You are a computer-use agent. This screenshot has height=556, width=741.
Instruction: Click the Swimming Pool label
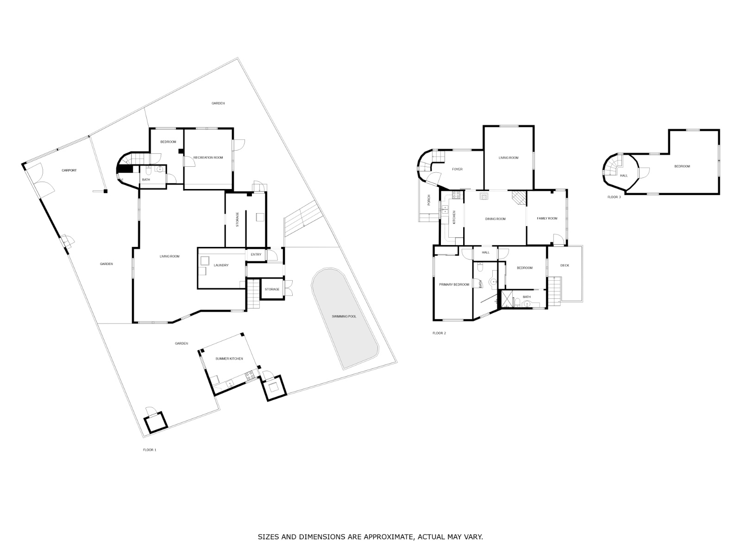point(344,316)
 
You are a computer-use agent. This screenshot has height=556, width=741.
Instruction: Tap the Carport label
point(69,171)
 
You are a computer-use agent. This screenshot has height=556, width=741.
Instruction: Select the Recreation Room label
point(208,158)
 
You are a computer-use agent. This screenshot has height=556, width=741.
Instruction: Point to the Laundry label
point(221,265)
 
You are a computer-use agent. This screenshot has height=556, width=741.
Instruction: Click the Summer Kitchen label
point(229,359)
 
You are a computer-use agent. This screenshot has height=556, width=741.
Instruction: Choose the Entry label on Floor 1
point(256,254)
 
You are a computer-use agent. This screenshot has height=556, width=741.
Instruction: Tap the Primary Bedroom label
point(454,284)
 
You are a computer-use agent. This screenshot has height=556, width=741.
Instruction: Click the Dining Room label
point(495,219)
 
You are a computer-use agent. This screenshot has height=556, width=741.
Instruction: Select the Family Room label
point(547,218)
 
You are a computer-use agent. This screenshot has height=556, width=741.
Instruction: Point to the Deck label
point(565,265)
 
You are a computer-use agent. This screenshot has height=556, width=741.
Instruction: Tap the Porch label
point(429,200)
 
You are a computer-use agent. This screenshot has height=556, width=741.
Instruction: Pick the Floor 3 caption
point(614,197)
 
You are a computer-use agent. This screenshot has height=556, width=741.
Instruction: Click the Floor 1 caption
point(150,450)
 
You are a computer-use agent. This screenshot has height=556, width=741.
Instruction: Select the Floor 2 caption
point(439,333)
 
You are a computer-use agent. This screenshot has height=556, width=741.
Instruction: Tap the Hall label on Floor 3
point(623,176)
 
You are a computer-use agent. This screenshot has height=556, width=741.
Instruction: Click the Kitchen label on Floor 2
point(454,217)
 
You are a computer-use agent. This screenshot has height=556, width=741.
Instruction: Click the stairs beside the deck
point(554,291)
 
